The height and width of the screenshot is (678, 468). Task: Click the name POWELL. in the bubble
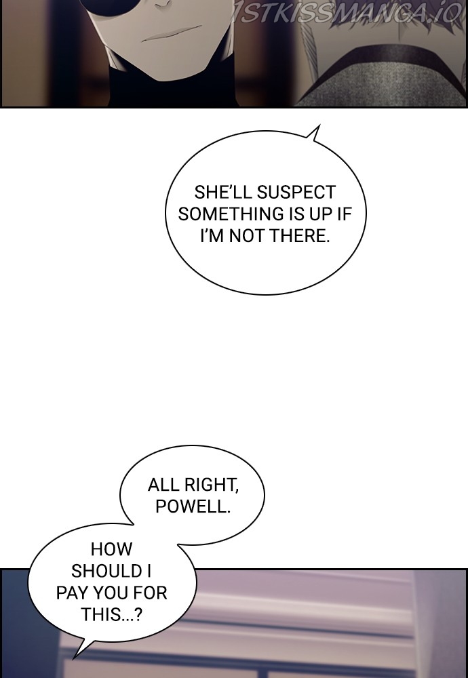[x=193, y=506]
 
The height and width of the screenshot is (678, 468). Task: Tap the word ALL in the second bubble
[x=162, y=485]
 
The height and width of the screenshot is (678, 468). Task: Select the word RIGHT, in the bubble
[x=210, y=485]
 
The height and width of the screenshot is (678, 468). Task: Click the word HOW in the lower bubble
[x=112, y=549]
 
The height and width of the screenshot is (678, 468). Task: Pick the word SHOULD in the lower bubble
[x=107, y=571]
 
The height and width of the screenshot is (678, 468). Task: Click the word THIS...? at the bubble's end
[x=112, y=614]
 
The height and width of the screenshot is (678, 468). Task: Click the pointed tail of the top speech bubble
[x=319, y=126]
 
